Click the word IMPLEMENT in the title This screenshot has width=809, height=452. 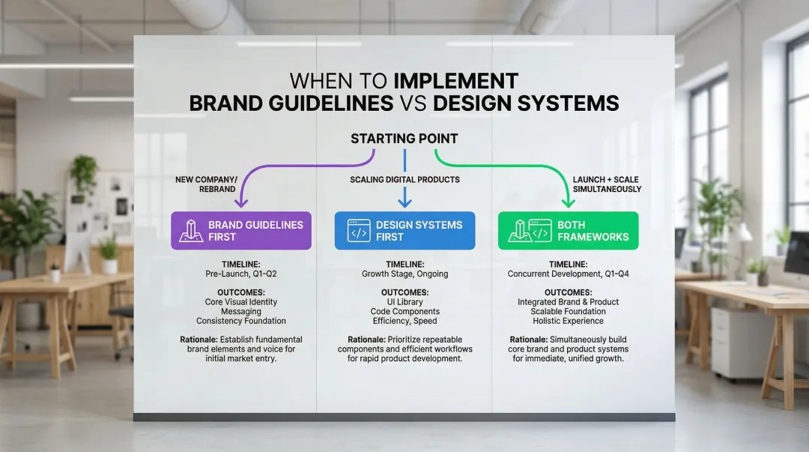click(456, 81)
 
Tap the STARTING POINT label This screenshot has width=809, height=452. click(404, 139)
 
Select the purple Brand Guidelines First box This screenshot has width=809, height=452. click(241, 230)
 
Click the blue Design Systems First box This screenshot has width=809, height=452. click(405, 230)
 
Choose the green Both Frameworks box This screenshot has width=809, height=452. click(568, 230)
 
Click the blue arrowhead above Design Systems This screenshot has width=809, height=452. click(405, 202)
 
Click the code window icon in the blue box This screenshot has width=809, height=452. click(359, 231)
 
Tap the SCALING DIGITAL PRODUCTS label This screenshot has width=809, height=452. click(405, 180)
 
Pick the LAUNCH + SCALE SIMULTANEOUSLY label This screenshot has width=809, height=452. click(607, 184)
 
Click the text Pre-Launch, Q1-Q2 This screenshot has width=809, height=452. click(241, 274)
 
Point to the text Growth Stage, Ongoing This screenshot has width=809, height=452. click(405, 274)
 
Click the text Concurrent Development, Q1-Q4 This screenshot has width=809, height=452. click(568, 274)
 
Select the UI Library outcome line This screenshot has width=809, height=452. click(405, 301)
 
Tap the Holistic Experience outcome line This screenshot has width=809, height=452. click(568, 321)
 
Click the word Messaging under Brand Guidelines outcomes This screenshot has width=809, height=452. click(241, 312)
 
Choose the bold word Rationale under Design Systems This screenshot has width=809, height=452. click(366, 340)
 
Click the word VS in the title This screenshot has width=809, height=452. click(413, 104)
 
